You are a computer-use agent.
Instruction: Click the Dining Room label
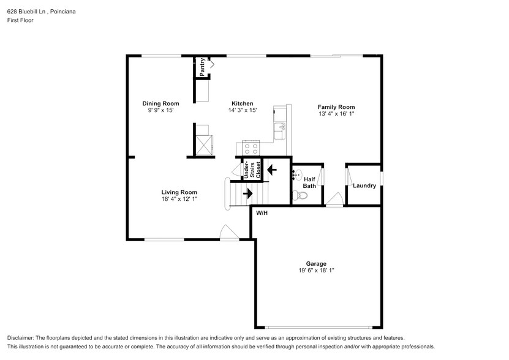(160, 103)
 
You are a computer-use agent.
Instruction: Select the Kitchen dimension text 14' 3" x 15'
(242, 111)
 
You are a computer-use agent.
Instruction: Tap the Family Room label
(336, 107)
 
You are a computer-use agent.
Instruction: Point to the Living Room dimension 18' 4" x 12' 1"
(179, 199)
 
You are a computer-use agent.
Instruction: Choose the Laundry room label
(364, 186)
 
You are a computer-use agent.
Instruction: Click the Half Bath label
(309, 182)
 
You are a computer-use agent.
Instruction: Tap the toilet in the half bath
(299, 196)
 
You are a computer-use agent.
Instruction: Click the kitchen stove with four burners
(251, 148)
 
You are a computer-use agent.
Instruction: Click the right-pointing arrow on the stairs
(247, 193)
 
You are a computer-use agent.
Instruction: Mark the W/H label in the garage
(262, 212)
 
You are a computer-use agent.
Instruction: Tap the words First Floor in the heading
(20, 20)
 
